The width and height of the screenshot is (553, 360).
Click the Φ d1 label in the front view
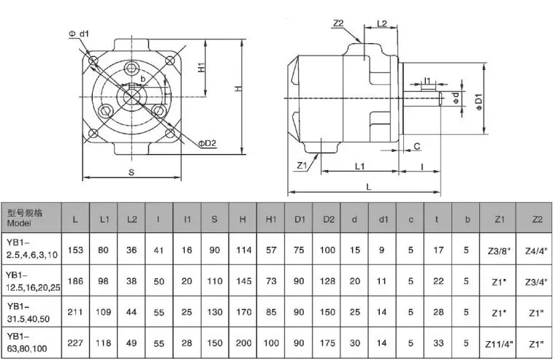pyautogui.click(x=79, y=34)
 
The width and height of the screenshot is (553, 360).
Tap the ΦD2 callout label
pyautogui.click(x=207, y=143)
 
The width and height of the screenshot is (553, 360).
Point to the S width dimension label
pyautogui.click(x=131, y=172)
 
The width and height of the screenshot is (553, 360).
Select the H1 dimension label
pyautogui.click(x=202, y=67)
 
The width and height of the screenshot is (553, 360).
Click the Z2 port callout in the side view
pyautogui.click(x=338, y=23)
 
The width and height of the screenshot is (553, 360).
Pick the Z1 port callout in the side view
pyautogui.click(x=302, y=165)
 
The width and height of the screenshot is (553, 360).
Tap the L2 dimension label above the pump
pyautogui.click(x=382, y=23)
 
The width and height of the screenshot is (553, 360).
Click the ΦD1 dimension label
pyautogui.click(x=478, y=102)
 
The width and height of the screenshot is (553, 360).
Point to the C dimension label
pyautogui.click(x=417, y=146)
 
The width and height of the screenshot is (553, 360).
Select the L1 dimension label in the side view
pyautogui.click(x=359, y=166)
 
